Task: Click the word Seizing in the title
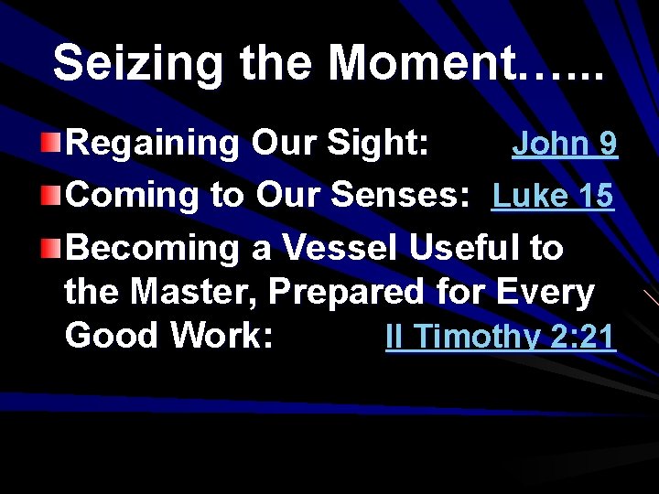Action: pos(137,64)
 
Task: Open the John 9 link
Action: pos(564,144)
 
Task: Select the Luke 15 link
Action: pos(553,196)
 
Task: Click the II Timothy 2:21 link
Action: pos(501,337)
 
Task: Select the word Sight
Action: pos(378,144)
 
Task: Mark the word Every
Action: pos(545,293)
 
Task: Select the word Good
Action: pos(113,336)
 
